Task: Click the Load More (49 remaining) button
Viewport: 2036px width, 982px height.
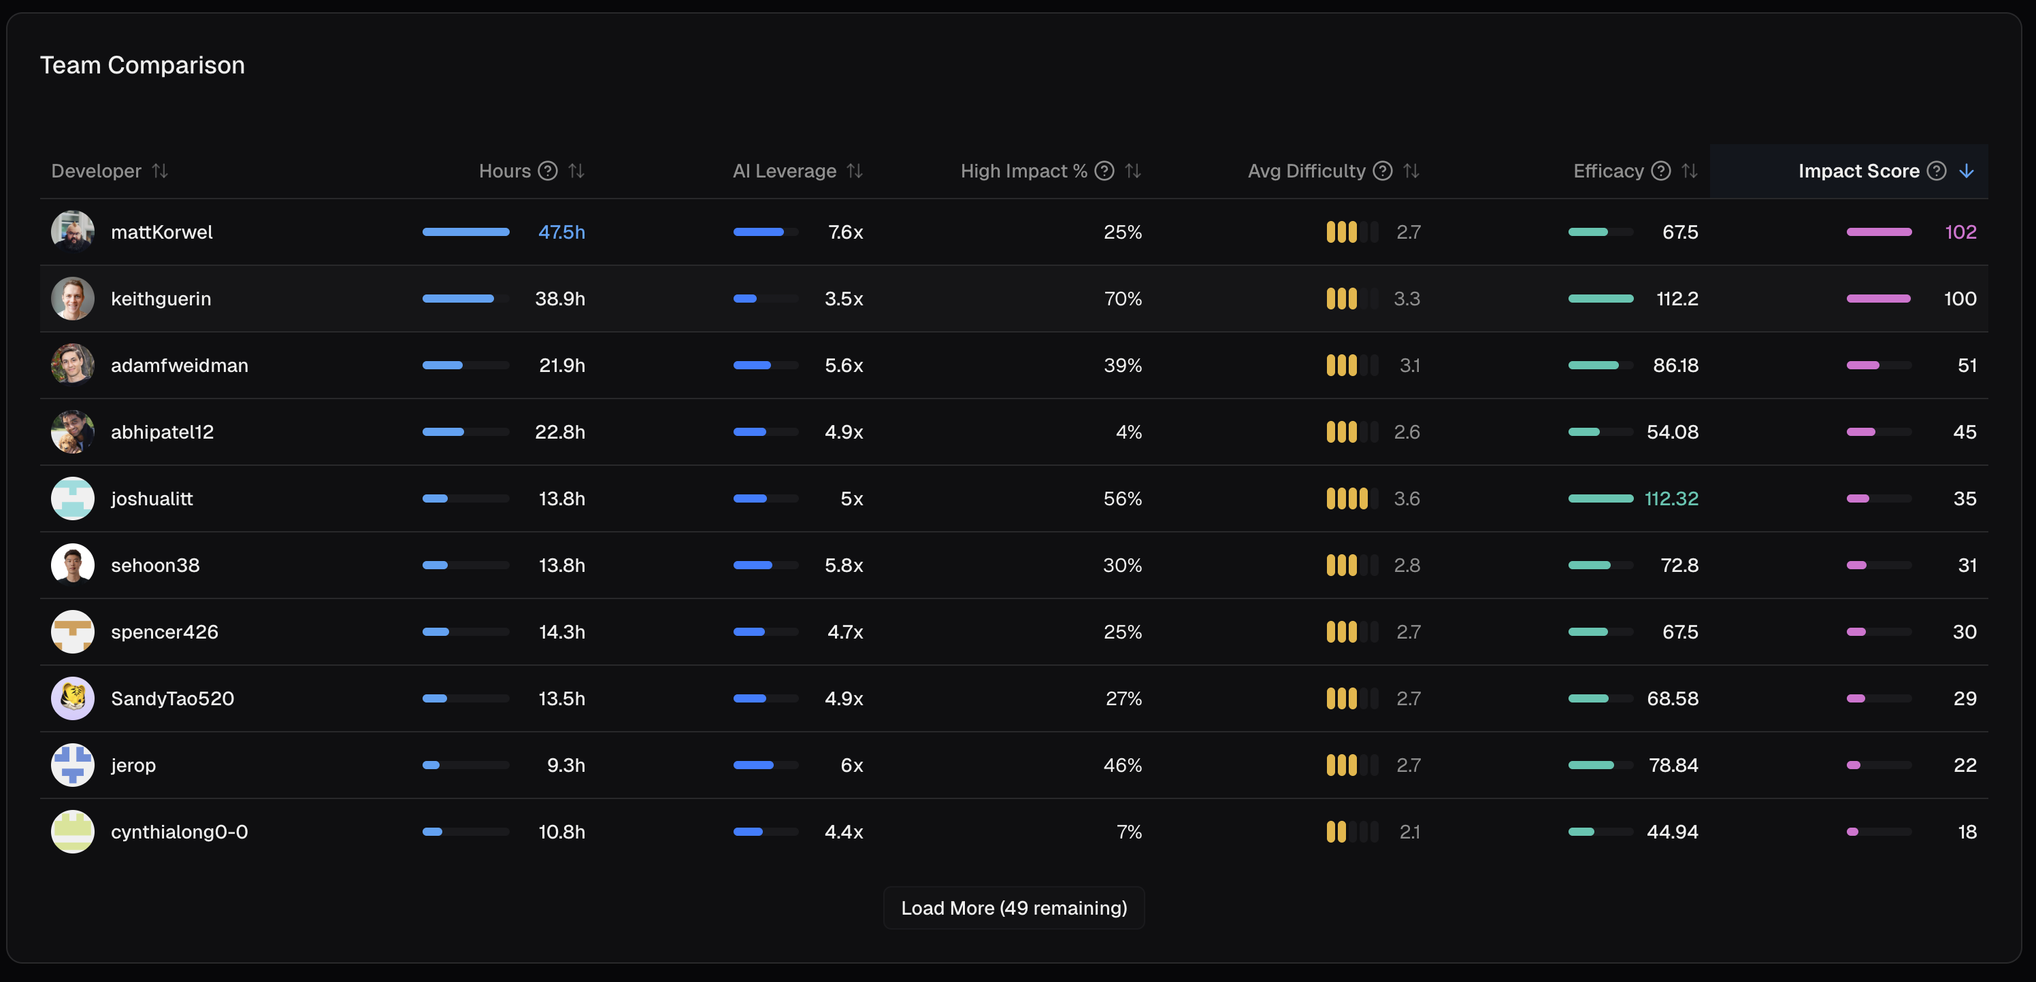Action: pyautogui.click(x=1013, y=908)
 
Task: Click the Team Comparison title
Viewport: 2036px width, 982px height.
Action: pyautogui.click(x=142, y=65)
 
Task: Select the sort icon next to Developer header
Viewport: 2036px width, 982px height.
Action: pyautogui.click(x=161, y=171)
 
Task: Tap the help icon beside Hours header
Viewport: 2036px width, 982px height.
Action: pyautogui.click(x=548, y=171)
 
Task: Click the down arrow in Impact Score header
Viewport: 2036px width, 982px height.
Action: pyautogui.click(x=1967, y=171)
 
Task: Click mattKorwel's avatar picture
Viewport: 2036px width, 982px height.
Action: pyautogui.click(x=73, y=231)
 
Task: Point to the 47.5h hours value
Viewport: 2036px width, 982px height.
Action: pyautogui.click(x=561, y=231)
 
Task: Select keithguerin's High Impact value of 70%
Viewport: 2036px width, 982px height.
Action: pyautogui.click(x=1122, y=299)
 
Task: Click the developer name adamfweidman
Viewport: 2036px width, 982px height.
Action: pyautogui.click(x=180, y=365)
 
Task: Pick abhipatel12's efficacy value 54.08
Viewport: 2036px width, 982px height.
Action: pyautogui.click(x=1672, y=432)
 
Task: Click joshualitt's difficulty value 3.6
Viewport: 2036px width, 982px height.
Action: pyautogui.click(x=1406, y=498)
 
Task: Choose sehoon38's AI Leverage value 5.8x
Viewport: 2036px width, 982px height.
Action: pyautogui.click(x=843, y=565)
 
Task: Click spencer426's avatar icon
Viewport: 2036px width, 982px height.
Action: pyautogui.click(x=73, y=632)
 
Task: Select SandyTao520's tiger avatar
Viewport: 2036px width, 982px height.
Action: pyautogui.click(x=73, y=698)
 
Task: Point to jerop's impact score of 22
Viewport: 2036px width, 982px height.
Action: pyautogui.click(x=1964, y=765)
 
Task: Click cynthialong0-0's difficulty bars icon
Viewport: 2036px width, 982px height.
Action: pyautogui.click(x=1351, y=832)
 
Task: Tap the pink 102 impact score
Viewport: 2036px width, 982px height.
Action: pyautogui.click(x=1960, y=231)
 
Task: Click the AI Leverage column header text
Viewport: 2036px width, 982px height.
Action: pyautogui.click(x=784, y=171)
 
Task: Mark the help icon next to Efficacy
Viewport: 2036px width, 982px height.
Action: pyautogui.click(x=1661, y=171)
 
